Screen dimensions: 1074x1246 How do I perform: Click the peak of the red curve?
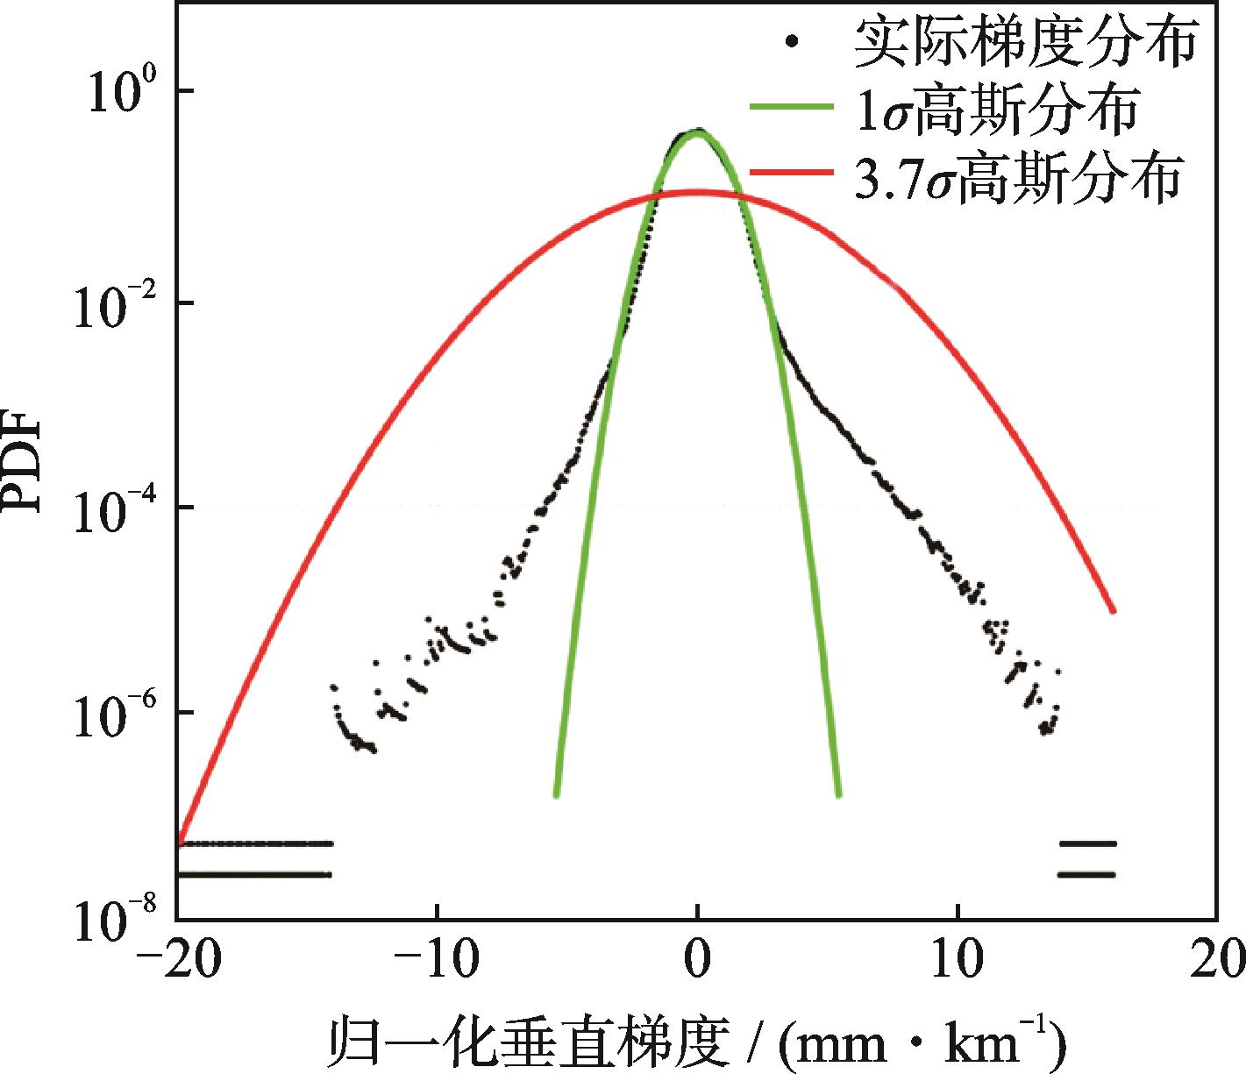pyautogui.click(x=697, y=192)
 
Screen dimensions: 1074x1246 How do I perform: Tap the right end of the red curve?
pyautogui.click(x=1113, y=611)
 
